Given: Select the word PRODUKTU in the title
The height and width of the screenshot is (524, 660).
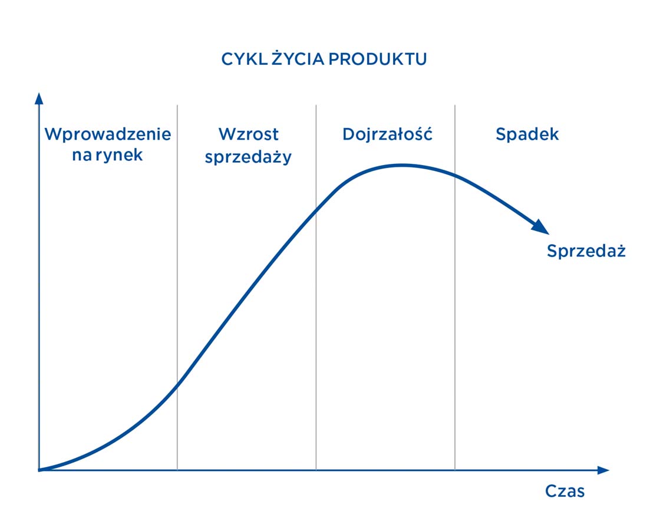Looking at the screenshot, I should pos(378,60).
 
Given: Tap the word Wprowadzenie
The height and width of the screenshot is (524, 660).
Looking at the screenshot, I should pos(108,134).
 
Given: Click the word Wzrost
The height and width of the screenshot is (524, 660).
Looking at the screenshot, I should pos(248,134).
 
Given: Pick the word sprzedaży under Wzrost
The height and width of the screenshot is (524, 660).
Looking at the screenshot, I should pos(248,158).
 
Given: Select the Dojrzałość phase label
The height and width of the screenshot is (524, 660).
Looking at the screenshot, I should pos(387,134).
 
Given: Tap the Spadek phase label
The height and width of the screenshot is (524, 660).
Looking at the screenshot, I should pos(527,134).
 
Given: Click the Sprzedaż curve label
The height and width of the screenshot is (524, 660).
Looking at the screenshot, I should pos(586,251).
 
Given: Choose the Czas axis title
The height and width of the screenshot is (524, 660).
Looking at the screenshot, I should pos(565,491).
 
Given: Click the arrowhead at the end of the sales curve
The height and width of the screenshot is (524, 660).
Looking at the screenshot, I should pos(540,226).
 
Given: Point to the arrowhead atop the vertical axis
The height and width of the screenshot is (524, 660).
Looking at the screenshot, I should pos(39,98).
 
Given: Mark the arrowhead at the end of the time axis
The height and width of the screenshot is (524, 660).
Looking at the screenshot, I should pos(602,470).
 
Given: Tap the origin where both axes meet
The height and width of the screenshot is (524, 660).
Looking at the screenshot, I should pos(39,470).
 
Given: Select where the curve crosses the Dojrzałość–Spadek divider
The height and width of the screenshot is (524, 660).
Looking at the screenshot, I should pos(455,174).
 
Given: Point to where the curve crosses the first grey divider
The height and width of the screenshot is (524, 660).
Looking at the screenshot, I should pos(177,384).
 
